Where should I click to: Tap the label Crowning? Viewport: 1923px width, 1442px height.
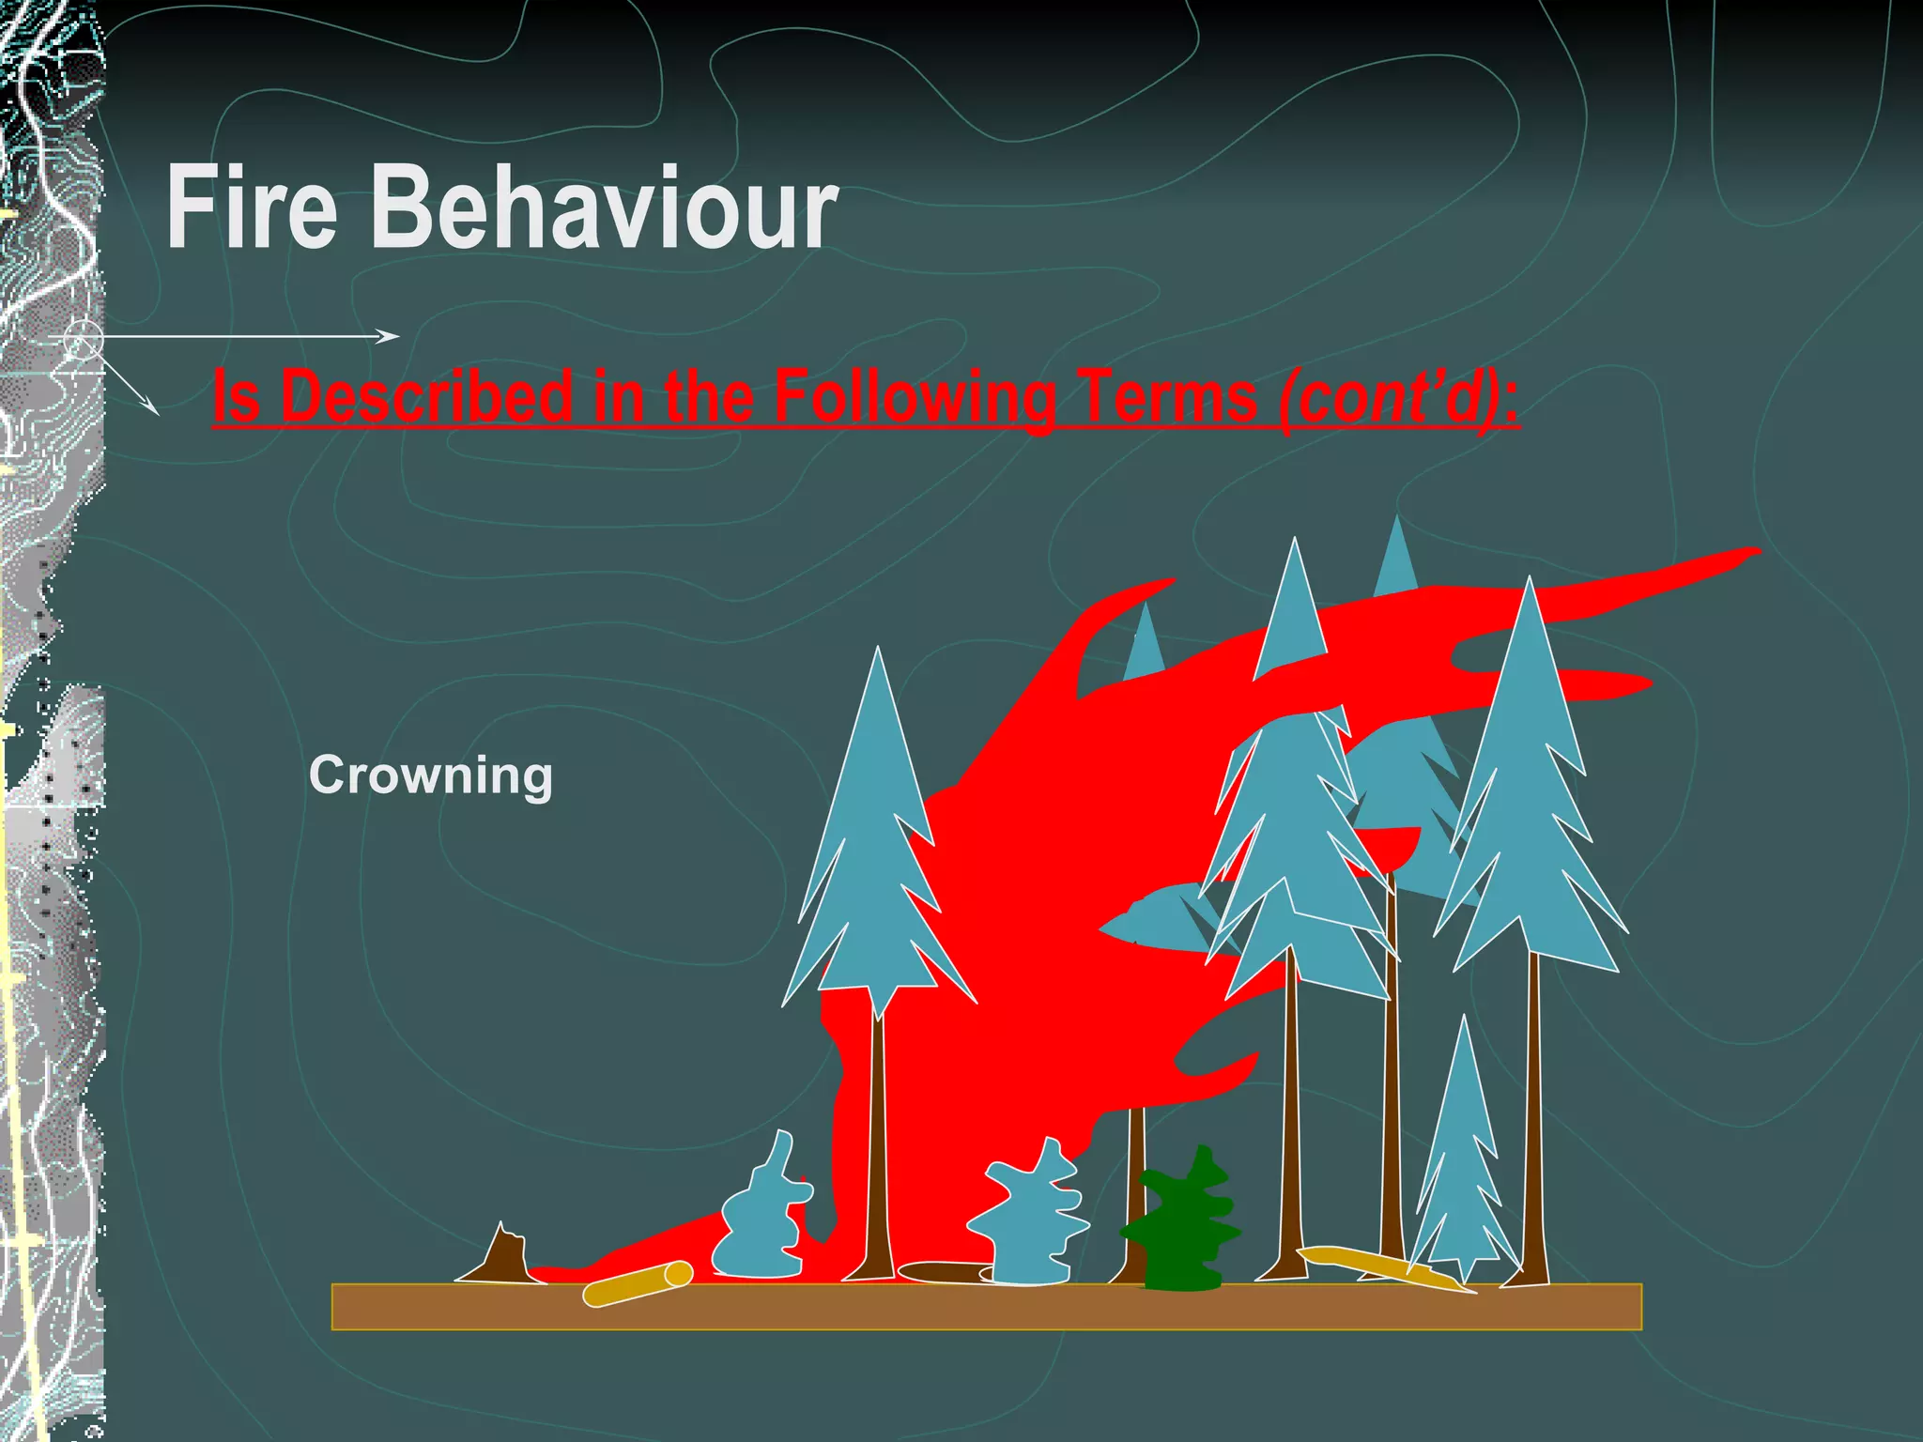pos(431,776)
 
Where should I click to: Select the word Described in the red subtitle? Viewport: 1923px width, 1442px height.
pos(427,395)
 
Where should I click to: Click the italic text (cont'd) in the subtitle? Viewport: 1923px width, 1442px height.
pos(1398,395)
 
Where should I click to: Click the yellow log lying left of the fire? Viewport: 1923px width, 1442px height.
pos(638,1283)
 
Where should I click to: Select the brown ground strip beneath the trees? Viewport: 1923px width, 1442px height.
pos(986,1307)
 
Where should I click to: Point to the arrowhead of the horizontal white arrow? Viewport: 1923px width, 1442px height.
pos(391,336)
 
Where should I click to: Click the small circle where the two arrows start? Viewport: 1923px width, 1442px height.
pos(84,339)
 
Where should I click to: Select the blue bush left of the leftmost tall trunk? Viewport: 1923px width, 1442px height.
pos(762,1216)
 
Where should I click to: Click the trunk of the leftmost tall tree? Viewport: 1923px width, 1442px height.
pos(878,1155)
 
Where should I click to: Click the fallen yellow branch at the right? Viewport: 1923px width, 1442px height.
pos(1380,1266)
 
